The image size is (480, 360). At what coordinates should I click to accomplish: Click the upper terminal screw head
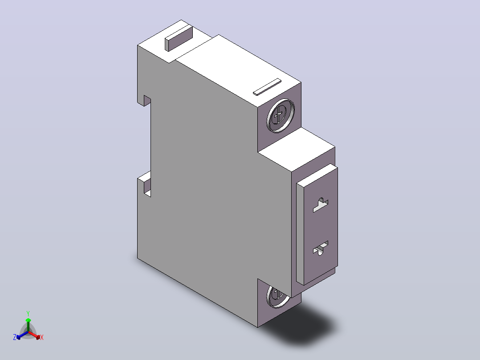coord(281,116)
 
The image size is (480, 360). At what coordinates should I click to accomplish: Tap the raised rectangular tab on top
coord(179,38)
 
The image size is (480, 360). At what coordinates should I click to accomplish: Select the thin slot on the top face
coord(267,87)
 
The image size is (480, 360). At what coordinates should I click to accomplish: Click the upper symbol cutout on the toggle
coord(321,205)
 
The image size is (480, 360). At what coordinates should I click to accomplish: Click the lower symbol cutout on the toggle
coord(321,248)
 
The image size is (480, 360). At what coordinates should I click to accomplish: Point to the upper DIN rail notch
coord(147,101)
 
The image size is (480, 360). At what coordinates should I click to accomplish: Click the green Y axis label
coord(28,313)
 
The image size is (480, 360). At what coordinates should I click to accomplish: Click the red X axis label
coord(42,337)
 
